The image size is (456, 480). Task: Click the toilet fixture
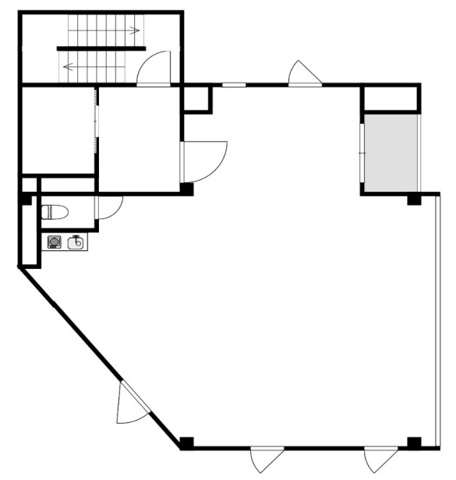pyautogui.click(x=54, y=211)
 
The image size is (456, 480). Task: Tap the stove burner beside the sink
pyautogui.click(x=55, y=242)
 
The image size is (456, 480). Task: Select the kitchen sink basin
pyautogui.click(x=76, y=242)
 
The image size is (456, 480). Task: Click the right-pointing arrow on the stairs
pyautogui.click(x=134, y=32)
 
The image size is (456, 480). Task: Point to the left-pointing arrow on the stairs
pyautogui.click(x=68, y=66)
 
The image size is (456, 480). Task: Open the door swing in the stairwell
pyautogui.click(x=154, y=69)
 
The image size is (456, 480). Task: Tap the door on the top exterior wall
pyautogui.click(x=302, y=73)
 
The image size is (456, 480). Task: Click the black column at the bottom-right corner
pyautogui.click(x=414, y=443)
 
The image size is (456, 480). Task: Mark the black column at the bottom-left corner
pyautogui.click(x=186, y=443)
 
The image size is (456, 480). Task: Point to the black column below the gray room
pyautogui.click(x=413, y=201)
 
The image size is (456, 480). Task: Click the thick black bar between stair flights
pyautogui.click(x=101, y=48)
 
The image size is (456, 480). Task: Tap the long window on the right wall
pyautogui.click(x=440, y=319)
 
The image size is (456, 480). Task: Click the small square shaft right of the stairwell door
pyautogui.click(x=197, y=98)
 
